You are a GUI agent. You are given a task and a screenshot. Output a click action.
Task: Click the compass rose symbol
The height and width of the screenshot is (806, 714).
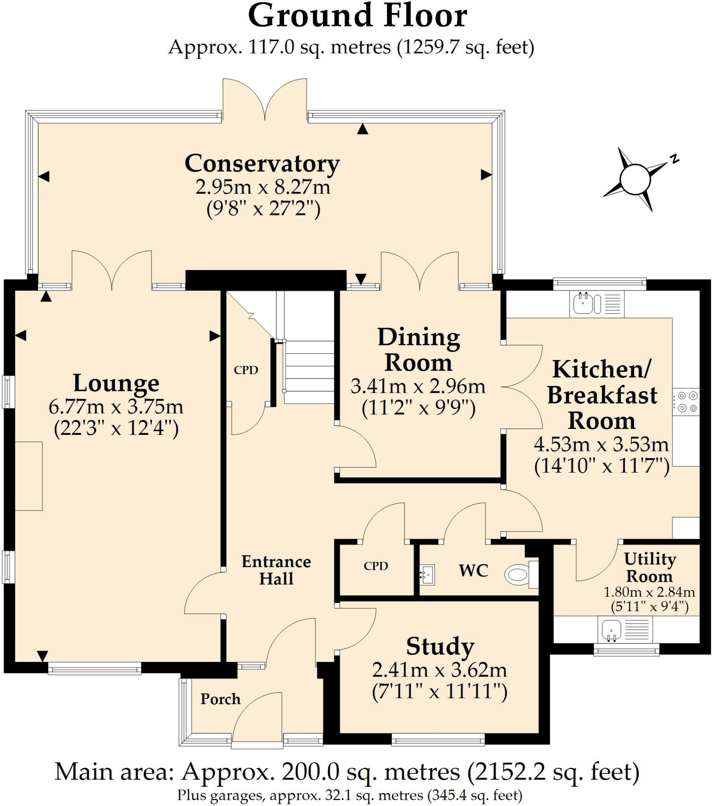point(635,180)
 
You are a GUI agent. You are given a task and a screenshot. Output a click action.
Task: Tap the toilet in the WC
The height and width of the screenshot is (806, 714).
point(517,575)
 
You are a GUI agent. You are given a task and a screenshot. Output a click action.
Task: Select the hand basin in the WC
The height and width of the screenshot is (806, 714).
point(427,575)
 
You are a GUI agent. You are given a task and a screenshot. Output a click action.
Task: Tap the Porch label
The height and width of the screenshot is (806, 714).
point(220,699)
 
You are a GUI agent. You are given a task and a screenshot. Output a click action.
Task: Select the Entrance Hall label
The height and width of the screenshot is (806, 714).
point(276,570)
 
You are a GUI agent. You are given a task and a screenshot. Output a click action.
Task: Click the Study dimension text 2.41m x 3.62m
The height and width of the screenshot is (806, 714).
point(439,670)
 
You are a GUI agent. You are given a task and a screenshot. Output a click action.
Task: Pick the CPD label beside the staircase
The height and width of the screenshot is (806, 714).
point(245,370)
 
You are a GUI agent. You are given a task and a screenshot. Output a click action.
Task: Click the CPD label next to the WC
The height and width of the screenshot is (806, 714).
point(376,566)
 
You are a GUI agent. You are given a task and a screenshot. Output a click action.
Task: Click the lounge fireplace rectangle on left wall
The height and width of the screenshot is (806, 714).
point(28,476)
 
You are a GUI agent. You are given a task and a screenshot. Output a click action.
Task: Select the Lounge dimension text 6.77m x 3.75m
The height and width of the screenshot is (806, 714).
point(116,407)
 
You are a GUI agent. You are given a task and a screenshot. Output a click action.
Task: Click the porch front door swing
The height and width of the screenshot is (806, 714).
point(258,720)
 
